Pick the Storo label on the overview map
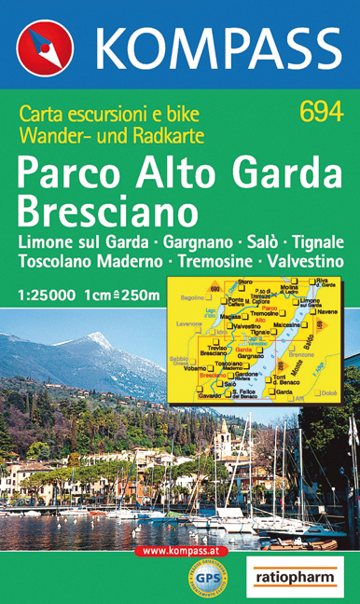244,281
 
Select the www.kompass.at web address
186,552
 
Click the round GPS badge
208,581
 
